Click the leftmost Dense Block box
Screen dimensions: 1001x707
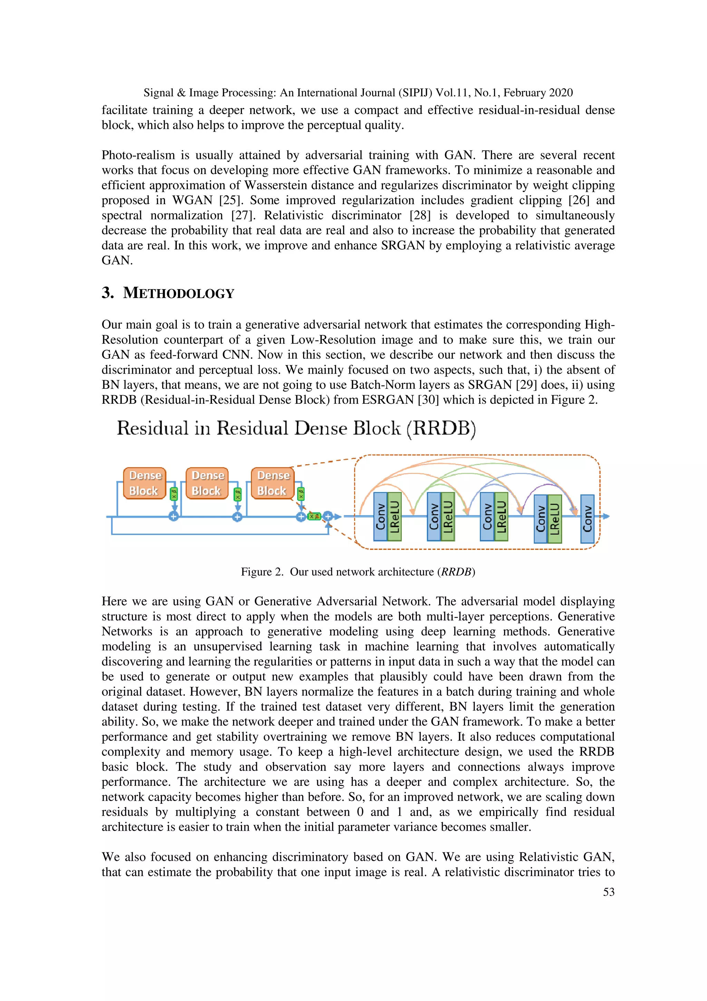(x=144, y=483)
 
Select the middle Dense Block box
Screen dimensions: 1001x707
(x=207, y=483)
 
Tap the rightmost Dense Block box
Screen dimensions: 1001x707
(x=272, y=483)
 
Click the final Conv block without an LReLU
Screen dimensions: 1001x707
(x=587, y=518)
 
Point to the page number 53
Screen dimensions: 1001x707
(x=609, y=892)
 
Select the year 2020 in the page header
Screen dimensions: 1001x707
(x=561, y=93)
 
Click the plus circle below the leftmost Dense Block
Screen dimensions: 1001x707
(x=173, y=517)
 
